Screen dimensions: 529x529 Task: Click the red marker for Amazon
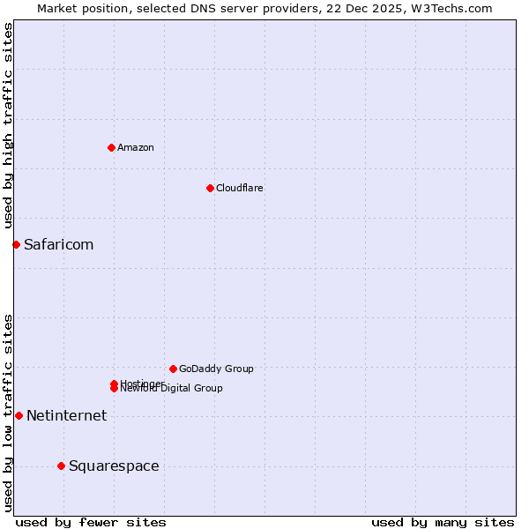click(x=111, y=147)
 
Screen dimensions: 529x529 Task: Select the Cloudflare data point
click(x=210, y=188)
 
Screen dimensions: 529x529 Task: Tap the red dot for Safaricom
click(x=16, y=244)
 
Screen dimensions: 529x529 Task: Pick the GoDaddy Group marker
click(x=173, y=369)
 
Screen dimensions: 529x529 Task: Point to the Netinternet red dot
click(x=19, y=415)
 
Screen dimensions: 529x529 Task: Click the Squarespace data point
click(x=61, y=466)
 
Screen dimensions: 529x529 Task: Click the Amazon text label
click(x=136, y=147)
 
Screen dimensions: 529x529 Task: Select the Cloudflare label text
click(x=240, y=188)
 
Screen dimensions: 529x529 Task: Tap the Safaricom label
click(x=58, y=244)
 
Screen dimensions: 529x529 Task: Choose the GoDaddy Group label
click(x=216, y=369)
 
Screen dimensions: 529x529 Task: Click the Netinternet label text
click(x=66, y=415)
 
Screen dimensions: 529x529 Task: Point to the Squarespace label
click(x=114, y=466)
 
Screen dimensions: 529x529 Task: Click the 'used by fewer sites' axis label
click(x=91, y=522)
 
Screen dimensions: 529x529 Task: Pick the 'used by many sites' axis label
click(x=443, y=522)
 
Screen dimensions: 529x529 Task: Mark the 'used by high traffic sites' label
click(x=8, y=125)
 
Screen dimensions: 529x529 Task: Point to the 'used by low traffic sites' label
click(x=8, y=413)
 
